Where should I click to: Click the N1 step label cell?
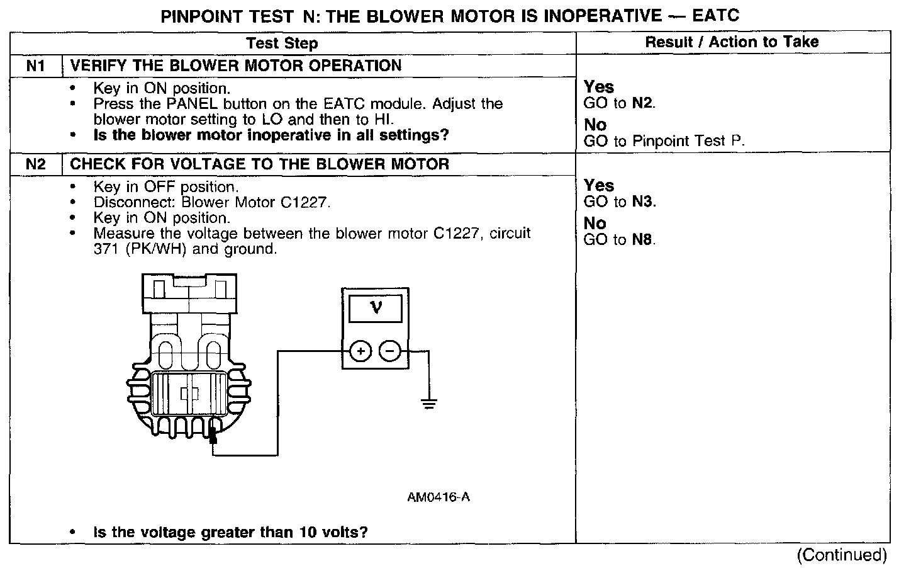(x=36, y=65)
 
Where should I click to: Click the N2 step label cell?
(x=36, y=164)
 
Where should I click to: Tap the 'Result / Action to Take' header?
(x=732, y=42)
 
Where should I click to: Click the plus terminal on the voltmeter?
(x=360, y=351)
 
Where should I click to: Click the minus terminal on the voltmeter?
(x=391, y=351)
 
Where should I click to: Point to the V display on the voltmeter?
(x=376, y=309)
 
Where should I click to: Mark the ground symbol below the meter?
(x=429, y=404)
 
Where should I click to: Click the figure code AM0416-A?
(x=438, y=497)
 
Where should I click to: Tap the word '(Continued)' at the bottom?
(x=842, y=555)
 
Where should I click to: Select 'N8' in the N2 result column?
(x=643, y=240)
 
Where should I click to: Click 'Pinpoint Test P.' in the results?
(x=688, y=141)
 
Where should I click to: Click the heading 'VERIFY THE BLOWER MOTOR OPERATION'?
(x=235, y=65)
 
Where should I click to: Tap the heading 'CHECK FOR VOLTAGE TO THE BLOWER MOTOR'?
(x=259, y=164)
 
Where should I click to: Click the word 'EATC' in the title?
(x=715, y=14)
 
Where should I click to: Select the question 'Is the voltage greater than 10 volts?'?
(x=230, y=532)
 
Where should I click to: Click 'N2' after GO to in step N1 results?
(x=643, y=104)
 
